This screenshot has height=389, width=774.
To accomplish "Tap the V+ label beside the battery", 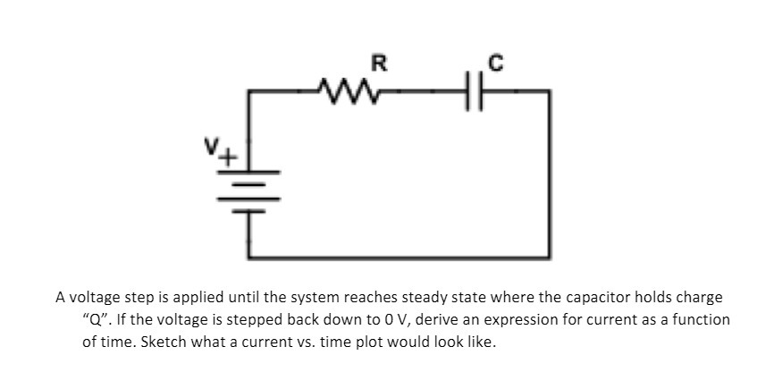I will click(230, 151).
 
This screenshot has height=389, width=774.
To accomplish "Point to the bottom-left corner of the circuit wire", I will click(249, 256).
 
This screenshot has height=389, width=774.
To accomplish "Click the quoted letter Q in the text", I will click(96, 319).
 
